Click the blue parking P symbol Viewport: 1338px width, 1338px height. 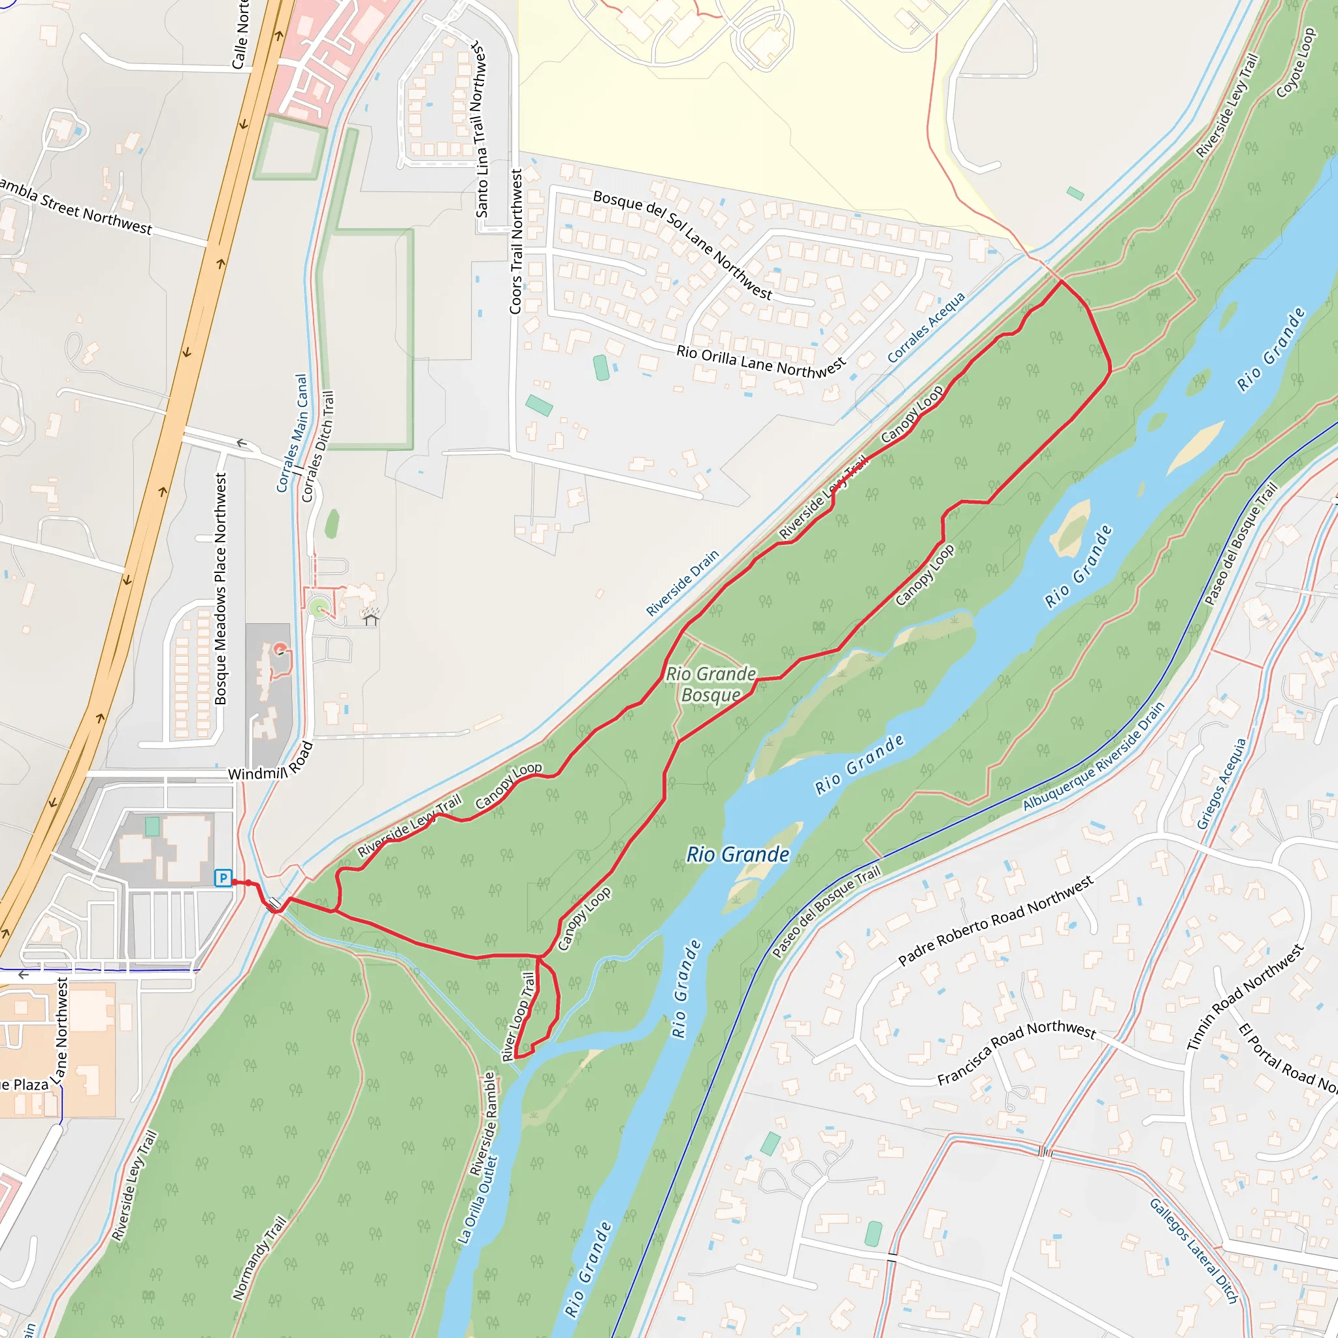point(222,878)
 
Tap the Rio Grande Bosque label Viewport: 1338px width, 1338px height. point(711,684)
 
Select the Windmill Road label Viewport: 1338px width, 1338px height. point(270,762)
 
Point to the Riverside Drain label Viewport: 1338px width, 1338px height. point(682,583)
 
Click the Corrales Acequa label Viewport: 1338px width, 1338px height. point(926,327)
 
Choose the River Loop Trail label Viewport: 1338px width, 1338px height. point(519,1017)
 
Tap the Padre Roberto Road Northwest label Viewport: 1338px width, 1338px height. point(995,921)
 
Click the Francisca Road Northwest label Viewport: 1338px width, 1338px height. point(1016,1053)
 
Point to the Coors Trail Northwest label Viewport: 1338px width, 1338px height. point(516,242)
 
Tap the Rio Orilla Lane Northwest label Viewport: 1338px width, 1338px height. point(760,361)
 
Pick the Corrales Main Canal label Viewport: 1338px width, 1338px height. point(291,434)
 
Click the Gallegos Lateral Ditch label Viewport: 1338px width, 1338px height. point(1192,1250)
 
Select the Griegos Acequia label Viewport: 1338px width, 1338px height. point(1222,783)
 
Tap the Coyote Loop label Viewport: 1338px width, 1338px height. point(1295,62)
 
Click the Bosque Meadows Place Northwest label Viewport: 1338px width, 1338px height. point(220,589)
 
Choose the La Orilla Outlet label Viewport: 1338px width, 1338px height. point(477,1199)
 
